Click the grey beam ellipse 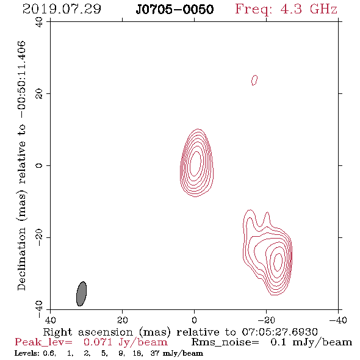(82, 293)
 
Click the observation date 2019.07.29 (62, 9)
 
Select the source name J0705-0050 (175, 9)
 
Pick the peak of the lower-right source (278, 262)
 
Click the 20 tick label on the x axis (122, 320)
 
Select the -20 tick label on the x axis (266, 320)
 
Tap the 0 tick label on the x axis (194, 320)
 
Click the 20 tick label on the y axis (39, 94)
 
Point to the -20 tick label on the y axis (39, 237)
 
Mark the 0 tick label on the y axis (39, 165)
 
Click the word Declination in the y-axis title (21, 259)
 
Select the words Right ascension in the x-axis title (88, 332)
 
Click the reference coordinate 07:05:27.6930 (279, 332)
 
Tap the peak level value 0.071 (98, 342)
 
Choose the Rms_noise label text (225, 342)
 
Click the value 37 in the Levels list (155, 353)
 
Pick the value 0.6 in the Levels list (49, 353)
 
